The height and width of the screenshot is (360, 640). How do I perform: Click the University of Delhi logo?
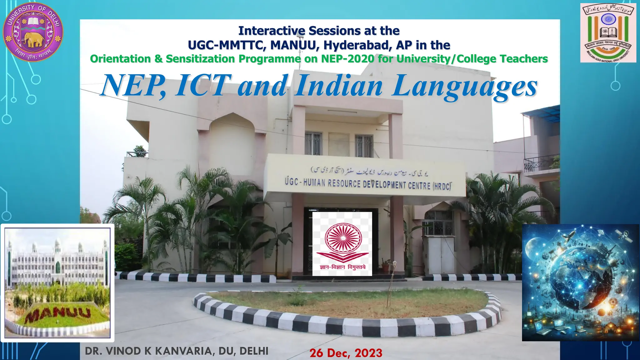click(x=33, y=32)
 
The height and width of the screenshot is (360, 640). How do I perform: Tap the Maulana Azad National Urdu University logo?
click(x=608, y=32)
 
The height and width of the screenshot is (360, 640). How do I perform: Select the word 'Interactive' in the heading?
click(x=272, y=31)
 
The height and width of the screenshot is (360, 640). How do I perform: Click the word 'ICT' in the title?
click(x=203, y=85)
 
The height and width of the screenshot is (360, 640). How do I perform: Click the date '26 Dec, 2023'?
click(x=346, y=353)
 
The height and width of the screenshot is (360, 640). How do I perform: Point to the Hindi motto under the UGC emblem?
click(x=342, y=267)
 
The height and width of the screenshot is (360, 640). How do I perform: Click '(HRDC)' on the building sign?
click(x=442, y=187)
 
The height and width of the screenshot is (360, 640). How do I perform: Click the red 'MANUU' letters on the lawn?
click(x=58, y=314)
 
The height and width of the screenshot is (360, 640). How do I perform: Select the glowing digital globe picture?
click(x=580, y=282)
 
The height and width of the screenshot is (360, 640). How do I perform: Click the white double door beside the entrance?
click(x=441, y=255)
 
